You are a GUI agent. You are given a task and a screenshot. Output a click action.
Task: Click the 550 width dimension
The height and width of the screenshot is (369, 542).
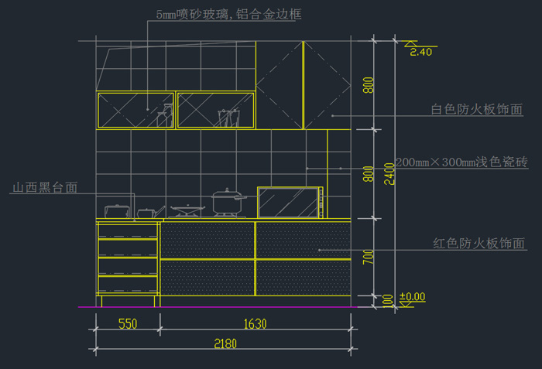click(x=128, y=324)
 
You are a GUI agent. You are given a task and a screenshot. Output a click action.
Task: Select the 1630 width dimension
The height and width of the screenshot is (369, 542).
click(x=255, y=324)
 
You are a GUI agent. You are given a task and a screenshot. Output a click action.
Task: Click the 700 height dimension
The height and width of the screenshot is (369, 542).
click(x=369, y=257)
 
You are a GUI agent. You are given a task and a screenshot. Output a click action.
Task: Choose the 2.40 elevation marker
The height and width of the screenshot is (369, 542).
click(x=420, y=52)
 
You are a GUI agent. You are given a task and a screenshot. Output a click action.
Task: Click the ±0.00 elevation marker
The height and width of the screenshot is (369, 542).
click(x=412, y=296)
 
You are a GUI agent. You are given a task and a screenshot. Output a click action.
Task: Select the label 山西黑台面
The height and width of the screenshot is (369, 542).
click(x=43, y=188)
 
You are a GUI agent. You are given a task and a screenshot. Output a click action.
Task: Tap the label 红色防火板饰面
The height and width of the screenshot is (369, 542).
click(x=479, y=244)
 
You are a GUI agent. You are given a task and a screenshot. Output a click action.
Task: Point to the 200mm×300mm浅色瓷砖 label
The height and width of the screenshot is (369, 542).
click(x=461, y=162)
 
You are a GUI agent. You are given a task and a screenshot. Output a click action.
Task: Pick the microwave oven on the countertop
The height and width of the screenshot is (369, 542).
click(x=290, y=203)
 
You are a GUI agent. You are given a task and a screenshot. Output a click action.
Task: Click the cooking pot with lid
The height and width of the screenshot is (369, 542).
click(x=228, y=203)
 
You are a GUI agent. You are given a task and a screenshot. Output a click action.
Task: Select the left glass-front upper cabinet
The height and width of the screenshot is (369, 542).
click(x=135, y=110)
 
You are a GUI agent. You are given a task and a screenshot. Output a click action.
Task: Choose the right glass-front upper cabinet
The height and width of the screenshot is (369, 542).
click(x=216, y=110)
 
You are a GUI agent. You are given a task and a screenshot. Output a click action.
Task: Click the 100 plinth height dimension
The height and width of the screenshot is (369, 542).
click(x=387, y=300)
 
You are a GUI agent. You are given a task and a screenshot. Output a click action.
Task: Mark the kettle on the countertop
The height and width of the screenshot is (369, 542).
click(x=116, y=210)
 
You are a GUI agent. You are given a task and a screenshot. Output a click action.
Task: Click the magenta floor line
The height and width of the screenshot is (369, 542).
click(x=232, y=306)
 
